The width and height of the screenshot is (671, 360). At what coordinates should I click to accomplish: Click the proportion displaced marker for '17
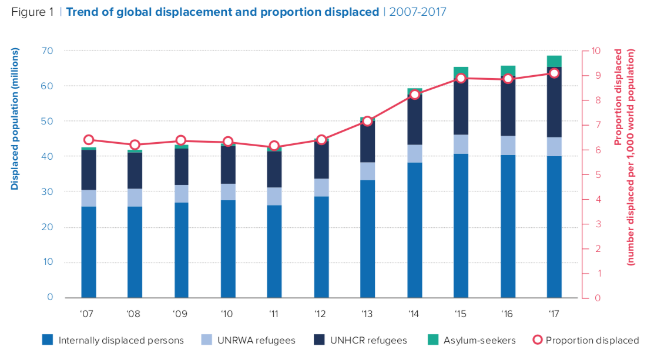[554, 73]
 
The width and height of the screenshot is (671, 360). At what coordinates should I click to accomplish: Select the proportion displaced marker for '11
[274, 146]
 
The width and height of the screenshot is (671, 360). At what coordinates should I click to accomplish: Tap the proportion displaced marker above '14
[414, 95]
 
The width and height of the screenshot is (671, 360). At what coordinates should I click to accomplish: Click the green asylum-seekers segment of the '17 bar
[554, 61]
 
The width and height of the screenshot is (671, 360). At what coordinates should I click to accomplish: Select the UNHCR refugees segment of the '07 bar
[89, 170]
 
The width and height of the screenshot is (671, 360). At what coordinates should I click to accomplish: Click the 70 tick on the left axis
[46, 51]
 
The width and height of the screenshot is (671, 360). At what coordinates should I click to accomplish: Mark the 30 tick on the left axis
[46, 192]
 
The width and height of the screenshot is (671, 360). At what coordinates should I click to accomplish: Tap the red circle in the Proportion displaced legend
[536, 339]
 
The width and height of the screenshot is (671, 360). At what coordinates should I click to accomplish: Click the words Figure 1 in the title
[33, 12]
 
